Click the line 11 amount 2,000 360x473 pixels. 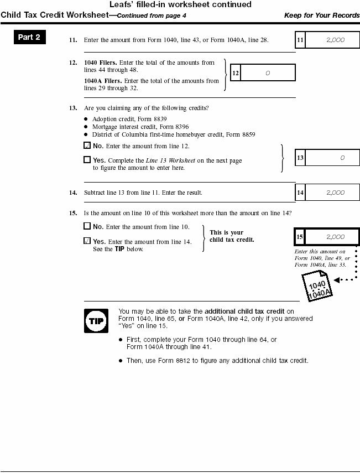click(x=336, y=40)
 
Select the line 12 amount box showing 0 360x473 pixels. click(x=268, y=73)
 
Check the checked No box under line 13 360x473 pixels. click(x=87, y=146)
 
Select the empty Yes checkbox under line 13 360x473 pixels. click(x=87, y=160)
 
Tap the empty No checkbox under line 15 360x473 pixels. click(x=87, y=226)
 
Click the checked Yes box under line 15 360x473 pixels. click(x=87, y=241)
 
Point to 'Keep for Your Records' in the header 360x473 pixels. click(x=322, y=15)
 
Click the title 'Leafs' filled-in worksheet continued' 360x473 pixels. click(x=180, y=4)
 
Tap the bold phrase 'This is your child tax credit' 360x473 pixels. click(x=226, y=236)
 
